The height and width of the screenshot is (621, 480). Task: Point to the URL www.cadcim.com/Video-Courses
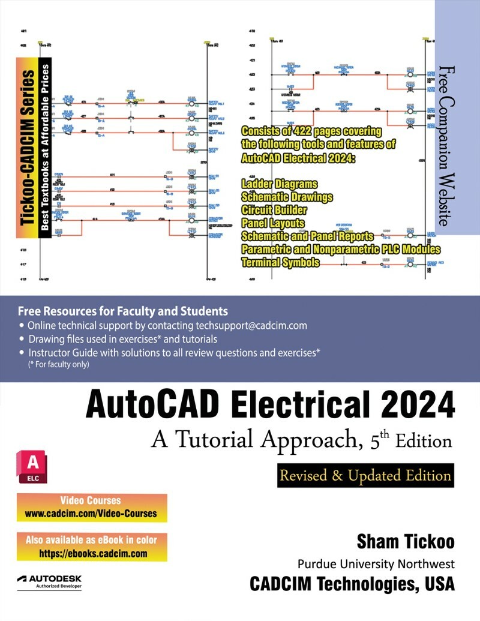[x=91, y=514]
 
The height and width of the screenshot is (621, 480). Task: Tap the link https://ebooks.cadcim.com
[x=93, y=554]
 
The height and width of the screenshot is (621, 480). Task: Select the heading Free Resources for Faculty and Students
[x=123, y=311]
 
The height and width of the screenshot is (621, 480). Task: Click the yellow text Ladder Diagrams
[x=279, y=184]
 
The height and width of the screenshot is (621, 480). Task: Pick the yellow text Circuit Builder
[x=274, y=210]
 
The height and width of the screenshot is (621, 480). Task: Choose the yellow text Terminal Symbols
[x=280, y=262]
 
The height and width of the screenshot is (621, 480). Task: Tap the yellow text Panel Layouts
[x=272, y=223]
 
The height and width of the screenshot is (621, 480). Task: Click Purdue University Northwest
[x=376, y=564]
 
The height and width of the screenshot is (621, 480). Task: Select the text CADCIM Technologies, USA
[x=352, y=583]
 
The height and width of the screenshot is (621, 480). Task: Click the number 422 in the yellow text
[x=302, y=131]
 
